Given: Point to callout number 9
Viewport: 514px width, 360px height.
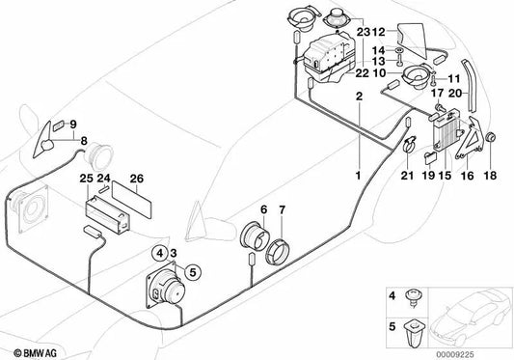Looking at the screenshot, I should click(70, 124).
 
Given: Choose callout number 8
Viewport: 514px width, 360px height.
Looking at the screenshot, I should click(83, 141).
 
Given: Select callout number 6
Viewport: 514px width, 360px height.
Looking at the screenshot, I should click(263, 209).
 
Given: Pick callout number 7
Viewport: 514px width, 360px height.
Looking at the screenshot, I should click(282, 209).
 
